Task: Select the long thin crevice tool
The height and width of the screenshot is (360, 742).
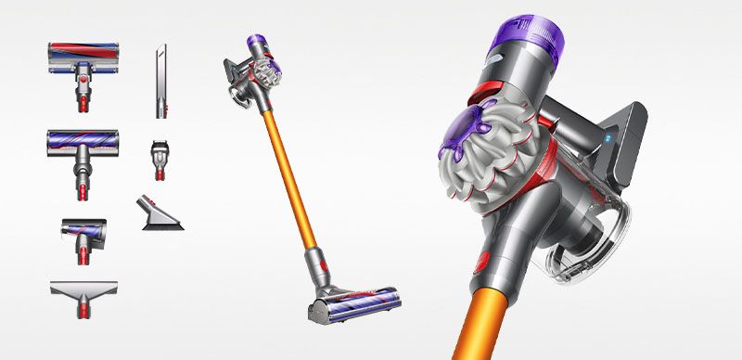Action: (160, 84)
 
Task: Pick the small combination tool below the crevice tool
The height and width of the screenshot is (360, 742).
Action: (159, 159)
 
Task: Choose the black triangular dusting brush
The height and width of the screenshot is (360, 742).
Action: (160, 215)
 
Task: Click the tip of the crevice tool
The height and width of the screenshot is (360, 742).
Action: (160, 46)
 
